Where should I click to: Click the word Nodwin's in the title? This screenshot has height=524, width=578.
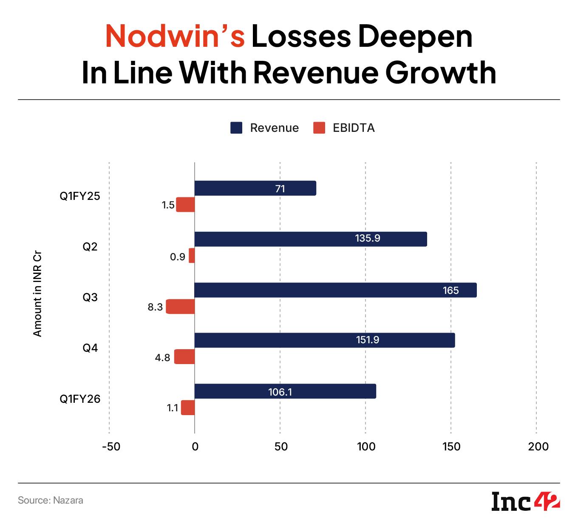[x=175, y=37]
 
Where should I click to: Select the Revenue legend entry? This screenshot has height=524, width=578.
[x=264, y=128]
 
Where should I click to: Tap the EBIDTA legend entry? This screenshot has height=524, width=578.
[x=344, y=128]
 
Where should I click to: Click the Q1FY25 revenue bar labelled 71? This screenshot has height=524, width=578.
[x=255, y=188]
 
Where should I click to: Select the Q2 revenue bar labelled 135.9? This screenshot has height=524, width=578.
[x=310, y=239]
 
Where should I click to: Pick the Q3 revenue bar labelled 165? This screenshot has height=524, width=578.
[x=335, y=290]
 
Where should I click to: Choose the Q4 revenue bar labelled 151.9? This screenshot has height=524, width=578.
[x=324, y=340]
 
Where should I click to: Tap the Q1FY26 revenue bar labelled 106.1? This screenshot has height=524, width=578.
[x=285, y=391]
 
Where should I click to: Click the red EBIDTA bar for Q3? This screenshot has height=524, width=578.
[x=181, y=307]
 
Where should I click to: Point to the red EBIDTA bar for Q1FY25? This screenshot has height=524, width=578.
[x=186, y=205]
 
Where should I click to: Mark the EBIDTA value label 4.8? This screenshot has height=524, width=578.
[x=162, y=358]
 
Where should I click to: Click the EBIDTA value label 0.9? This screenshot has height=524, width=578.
[x=178, y=257]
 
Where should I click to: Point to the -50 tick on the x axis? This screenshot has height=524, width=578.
[x=111, y=447]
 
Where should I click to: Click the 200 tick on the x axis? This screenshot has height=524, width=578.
[x=538, y=447]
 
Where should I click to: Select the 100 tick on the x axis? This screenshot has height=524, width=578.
[x=366, y=447]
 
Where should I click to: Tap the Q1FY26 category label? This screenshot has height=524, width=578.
[x=80, y=399]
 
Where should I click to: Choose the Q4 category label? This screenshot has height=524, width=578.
[x=90, y=348]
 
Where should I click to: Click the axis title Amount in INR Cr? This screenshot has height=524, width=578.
[x=38, y=296]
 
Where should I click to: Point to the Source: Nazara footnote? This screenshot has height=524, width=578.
[x=51, y=500]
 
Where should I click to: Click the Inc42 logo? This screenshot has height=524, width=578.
[x=525, y=501]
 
